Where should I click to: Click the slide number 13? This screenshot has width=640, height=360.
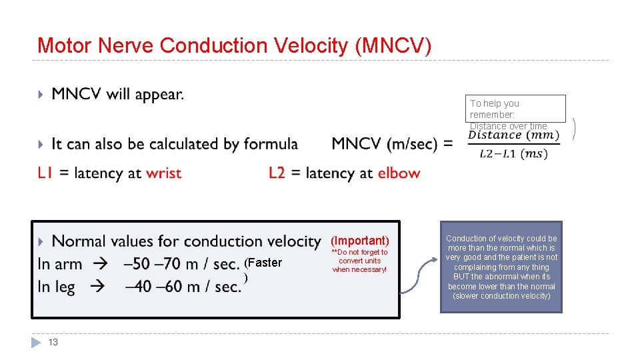[x=53, y=343]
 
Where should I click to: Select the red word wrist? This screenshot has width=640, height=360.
[x=163, y=173]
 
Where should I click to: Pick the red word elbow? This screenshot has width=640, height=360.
[x=399, y=173]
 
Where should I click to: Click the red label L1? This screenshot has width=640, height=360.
[x=45, y=173]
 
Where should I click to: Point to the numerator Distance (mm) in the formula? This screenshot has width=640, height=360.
[x=514, y=135]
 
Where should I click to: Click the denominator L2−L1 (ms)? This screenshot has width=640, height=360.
[x=513, y=154]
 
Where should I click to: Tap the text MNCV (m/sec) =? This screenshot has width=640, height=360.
[x=392, y=143]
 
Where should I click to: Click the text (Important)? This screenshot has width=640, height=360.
[x=360, y=240]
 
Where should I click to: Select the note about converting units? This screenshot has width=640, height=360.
[x=359, y=261]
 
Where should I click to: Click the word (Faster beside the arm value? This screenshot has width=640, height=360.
[x=263, y=263]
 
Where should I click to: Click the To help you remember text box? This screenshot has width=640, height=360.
[x=517, y=109]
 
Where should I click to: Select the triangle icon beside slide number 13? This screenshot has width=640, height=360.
[x=37, y=343]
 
